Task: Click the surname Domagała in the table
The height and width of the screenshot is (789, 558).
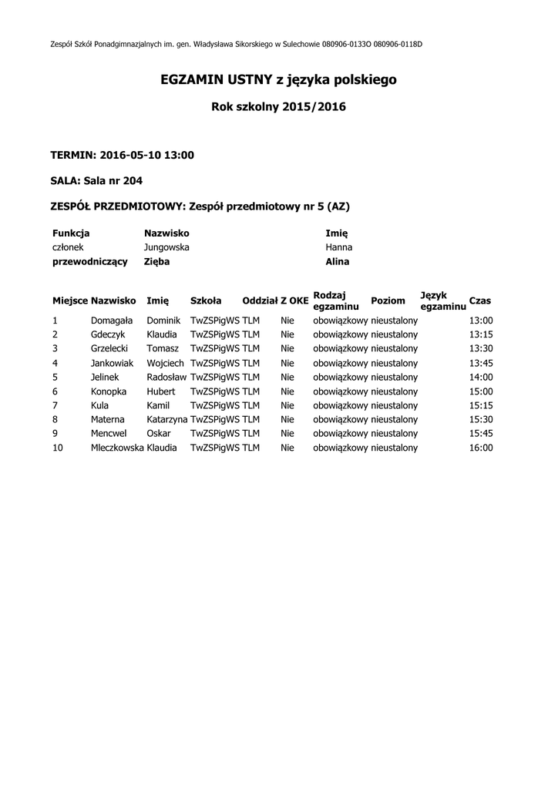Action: tap(112, 321)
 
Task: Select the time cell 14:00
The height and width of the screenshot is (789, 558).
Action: tap(480, 377)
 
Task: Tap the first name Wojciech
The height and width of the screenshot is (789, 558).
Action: tap(165, 363)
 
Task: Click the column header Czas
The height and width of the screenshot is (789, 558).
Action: tap(479, 300)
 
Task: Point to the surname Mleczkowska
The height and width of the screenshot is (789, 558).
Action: tap(117, 448)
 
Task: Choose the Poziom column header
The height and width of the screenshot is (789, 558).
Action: tap(388, 300)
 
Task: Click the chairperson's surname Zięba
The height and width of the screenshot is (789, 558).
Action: tap(156, 262)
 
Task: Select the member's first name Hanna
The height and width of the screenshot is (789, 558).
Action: tap(338, 247)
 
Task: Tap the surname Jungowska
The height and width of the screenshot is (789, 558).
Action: tap(166, 247)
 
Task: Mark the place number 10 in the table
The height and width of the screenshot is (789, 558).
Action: tap(58, 448)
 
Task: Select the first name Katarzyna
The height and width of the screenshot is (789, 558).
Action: tap(167, 419)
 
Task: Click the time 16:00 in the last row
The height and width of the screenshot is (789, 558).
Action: tap(480, 448)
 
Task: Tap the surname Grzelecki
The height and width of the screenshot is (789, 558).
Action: tap(109, 348)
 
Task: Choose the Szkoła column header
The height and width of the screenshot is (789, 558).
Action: tap(206, 300)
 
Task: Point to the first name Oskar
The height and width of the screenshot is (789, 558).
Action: tap(159, 433)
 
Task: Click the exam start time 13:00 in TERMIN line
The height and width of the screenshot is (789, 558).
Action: tap(179, 155)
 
